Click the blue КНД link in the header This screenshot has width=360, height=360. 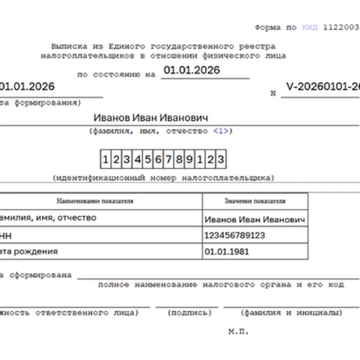coord(310,27)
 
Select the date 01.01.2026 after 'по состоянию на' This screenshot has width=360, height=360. coord(191,70)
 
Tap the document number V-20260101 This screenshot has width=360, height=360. coord(322,86)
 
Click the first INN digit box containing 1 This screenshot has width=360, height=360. coord(105,159)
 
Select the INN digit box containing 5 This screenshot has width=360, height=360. coord(148,159)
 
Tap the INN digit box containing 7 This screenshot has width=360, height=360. coord(168,159)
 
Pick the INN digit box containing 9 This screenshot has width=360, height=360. coord(189,159)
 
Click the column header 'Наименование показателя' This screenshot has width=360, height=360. coord(95,201)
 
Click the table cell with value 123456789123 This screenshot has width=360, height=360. coord(235,235)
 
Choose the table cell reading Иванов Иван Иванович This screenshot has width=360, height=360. coord(255,220)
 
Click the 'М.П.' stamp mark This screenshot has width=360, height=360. coord(238,332)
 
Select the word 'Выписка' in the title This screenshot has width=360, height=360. coord(69,46)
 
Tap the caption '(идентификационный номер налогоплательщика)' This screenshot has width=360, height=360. coord(163,178)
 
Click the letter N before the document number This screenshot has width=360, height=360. coord(273,94)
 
